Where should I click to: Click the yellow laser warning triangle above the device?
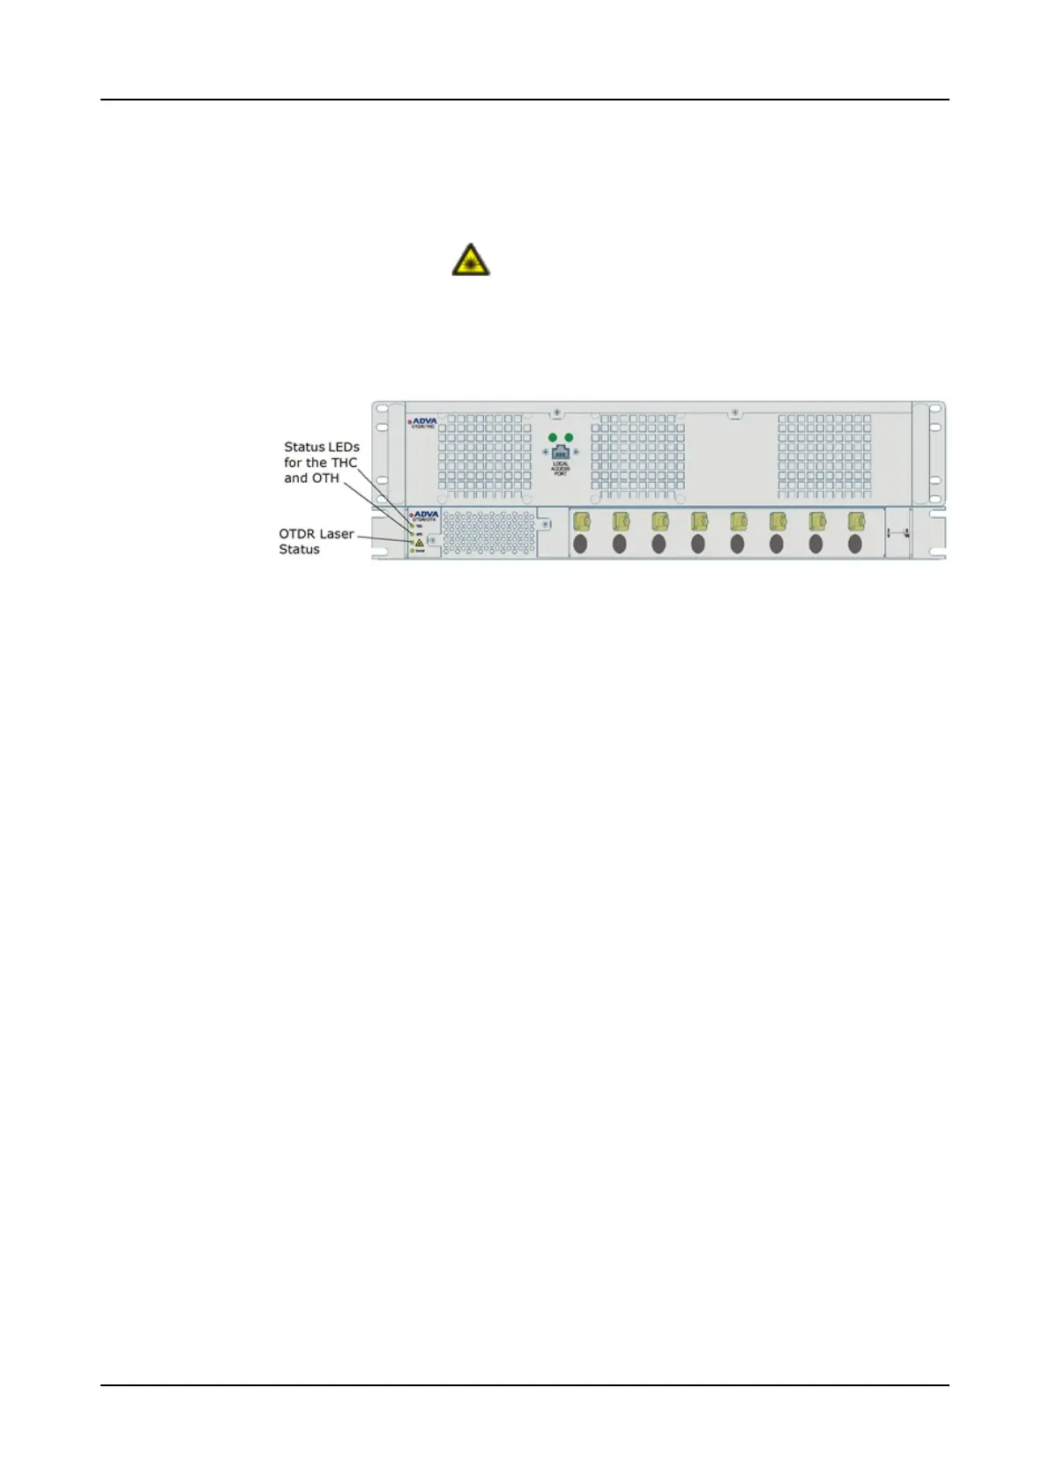coord(471,260)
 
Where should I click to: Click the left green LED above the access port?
coord(553,437)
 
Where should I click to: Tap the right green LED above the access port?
coord(569,437)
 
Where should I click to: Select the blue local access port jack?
coord(560,452)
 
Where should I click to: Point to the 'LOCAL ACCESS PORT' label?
coord(561,469)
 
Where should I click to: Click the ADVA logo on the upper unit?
coord(424,422)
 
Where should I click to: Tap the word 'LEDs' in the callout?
coord(344,447)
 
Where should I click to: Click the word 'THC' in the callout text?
coord(344,463)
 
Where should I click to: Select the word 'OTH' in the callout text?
coord(324,479)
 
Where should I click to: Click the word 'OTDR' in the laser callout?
coord(298,534)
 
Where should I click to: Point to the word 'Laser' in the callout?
coord(337,534)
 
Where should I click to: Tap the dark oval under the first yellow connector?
coord(580,545)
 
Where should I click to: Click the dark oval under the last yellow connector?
coord(854,545)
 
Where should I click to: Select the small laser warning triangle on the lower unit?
coord(420,542)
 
